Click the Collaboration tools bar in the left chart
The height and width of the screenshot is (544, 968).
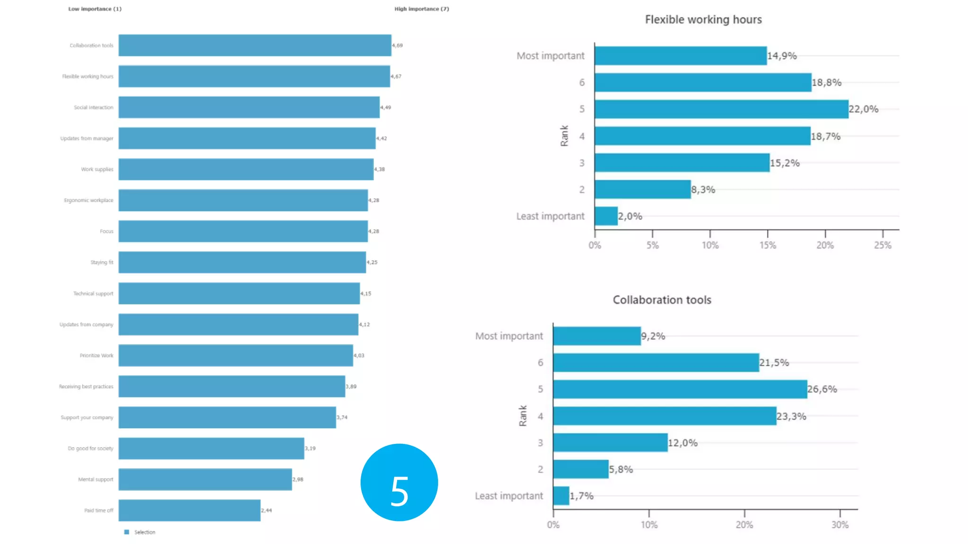tap(255, 45)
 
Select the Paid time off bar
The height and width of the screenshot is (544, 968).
tap(189, 510)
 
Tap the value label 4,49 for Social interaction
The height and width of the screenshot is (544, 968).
tap(386, 108)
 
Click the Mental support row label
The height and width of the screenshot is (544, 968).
tap(95, 479)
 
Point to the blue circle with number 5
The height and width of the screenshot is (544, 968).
tap(399, 482)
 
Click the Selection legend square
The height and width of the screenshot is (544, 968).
tap(127, 532)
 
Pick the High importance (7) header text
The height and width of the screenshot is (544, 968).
tap(422, 9)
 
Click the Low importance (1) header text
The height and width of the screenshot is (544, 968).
tap(95, 9)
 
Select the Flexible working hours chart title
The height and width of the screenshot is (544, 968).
tap(703, 20)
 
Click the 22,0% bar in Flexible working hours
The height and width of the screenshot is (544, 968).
tap(721, 109)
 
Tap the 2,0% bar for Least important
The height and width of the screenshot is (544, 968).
tap(606, 216)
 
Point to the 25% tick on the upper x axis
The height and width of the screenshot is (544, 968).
tap(882, 245)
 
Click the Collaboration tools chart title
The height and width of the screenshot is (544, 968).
tap(662, 300)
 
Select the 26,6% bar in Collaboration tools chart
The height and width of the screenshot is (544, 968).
tap(680, 389)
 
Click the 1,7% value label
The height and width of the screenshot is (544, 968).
tap(581, 496)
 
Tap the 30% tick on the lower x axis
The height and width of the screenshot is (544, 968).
tap(840, 525)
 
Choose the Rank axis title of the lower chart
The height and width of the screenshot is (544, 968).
tap(523, 416)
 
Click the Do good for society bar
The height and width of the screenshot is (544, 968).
tap(211, 449)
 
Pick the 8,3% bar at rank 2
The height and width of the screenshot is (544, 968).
tap(642, 189)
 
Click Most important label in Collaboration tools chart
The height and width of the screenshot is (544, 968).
tap(509, 336)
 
